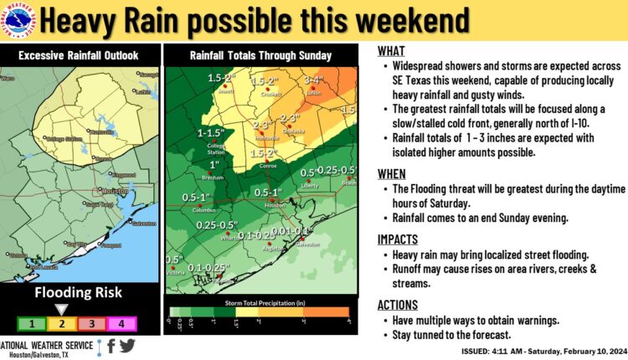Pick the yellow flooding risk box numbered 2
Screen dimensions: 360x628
pos(64,322)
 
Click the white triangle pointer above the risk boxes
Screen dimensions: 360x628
pos(64,307)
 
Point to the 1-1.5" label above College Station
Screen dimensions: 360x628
pos(209,133)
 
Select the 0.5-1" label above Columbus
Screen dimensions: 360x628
pos(198,197)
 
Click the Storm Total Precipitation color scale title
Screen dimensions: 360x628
pos(258,301)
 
